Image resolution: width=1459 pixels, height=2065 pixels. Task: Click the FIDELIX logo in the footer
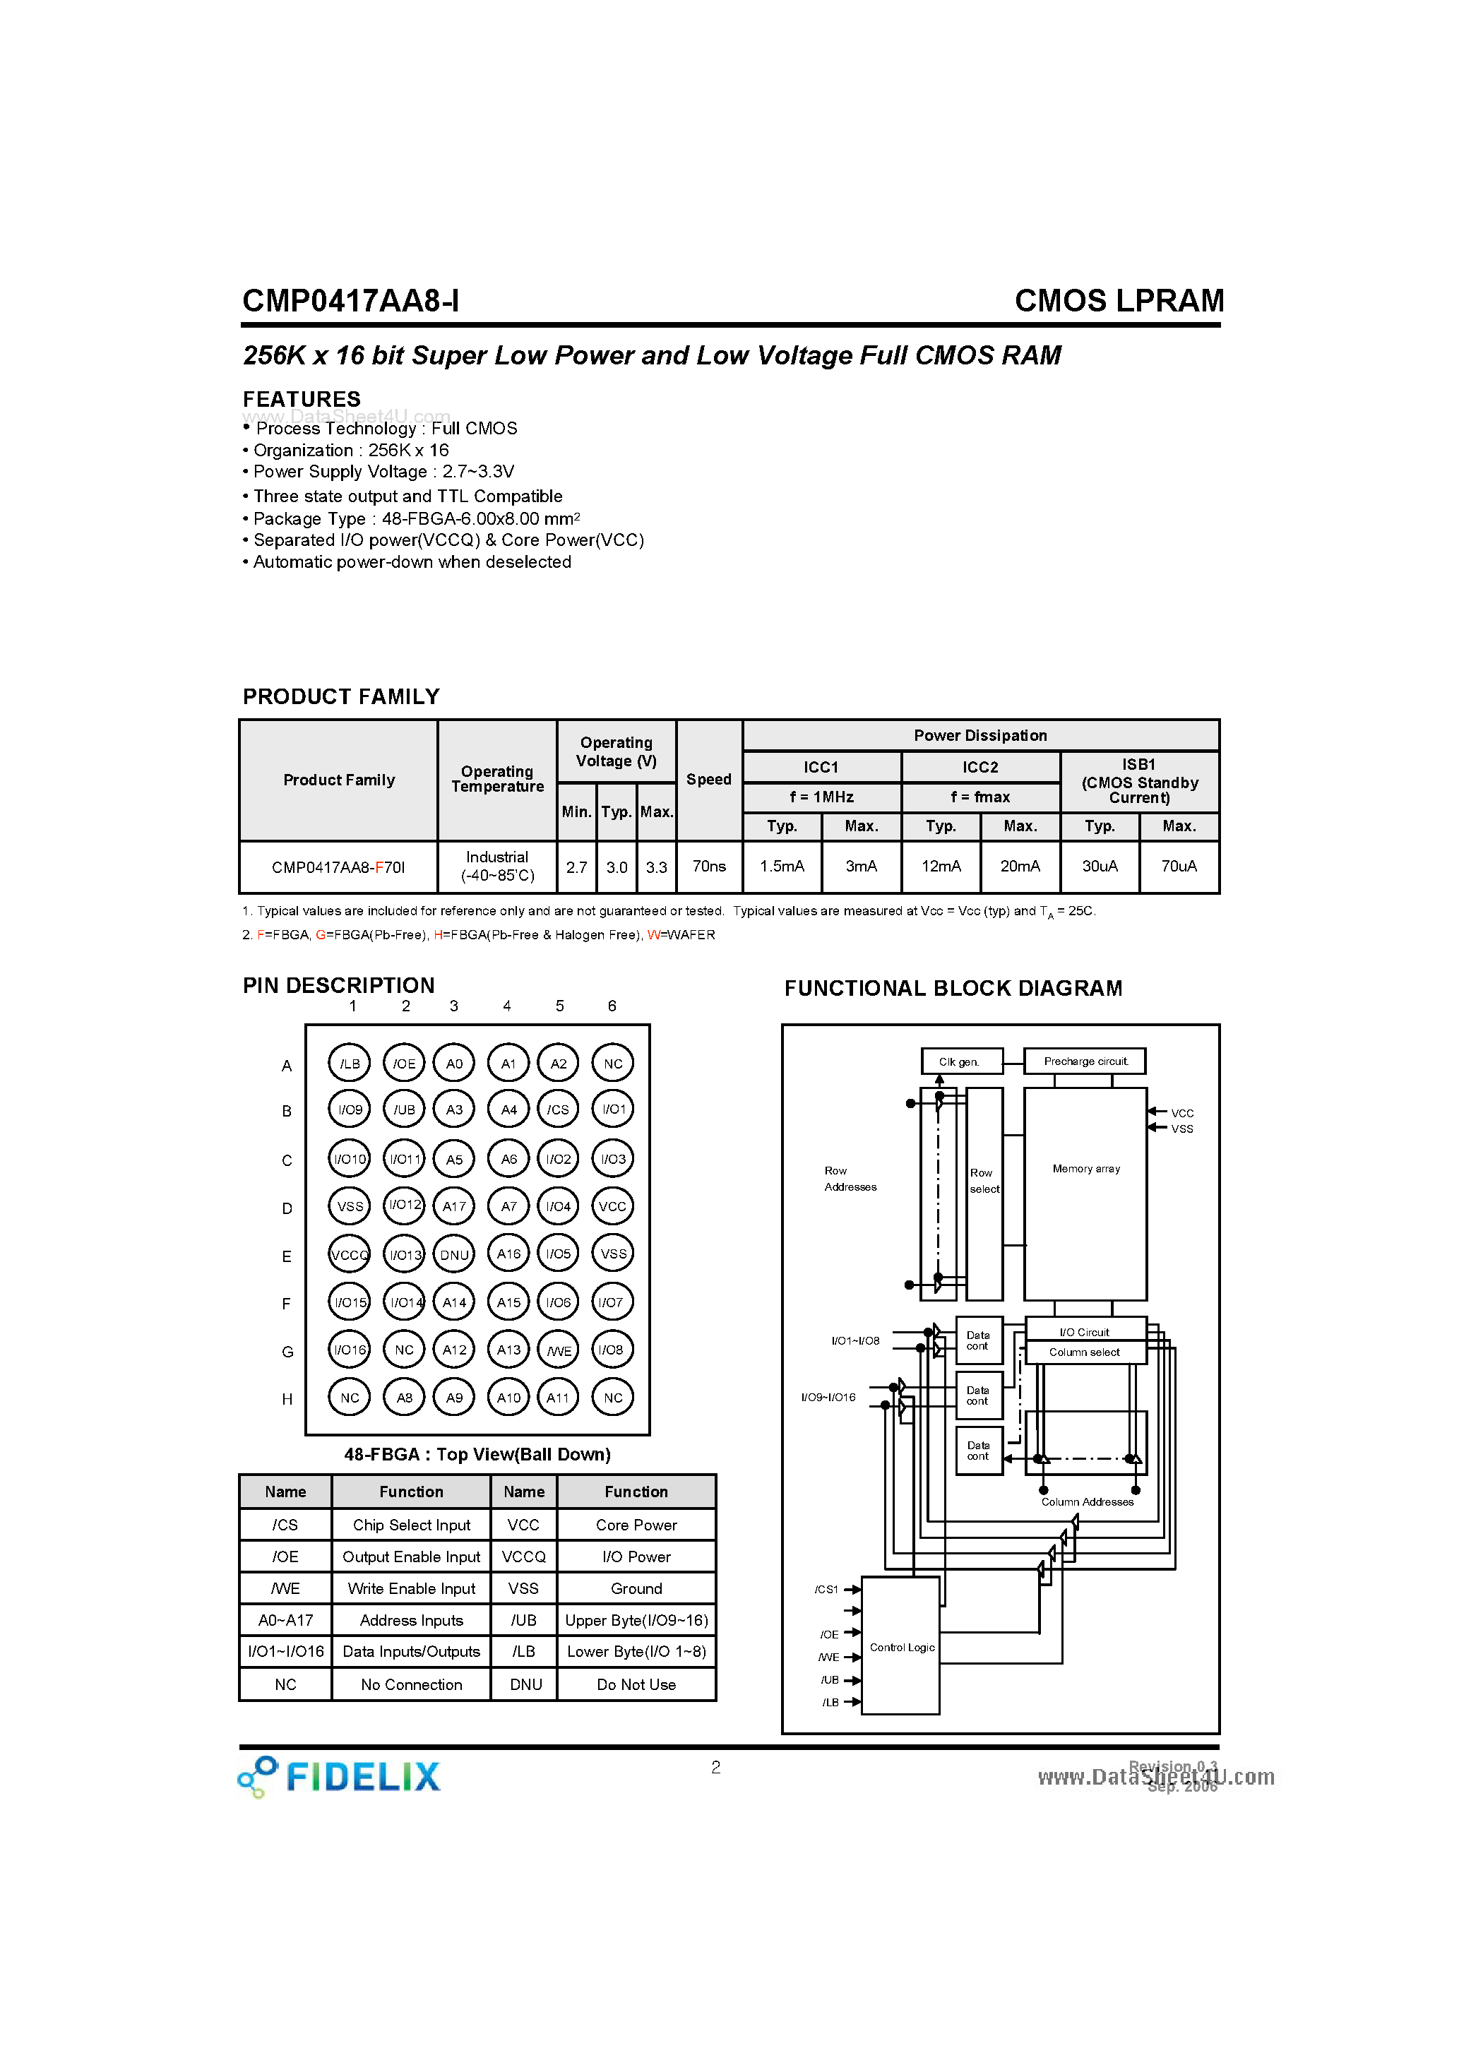[340, 1776]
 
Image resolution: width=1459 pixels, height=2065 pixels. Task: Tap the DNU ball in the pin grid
[454, 1255]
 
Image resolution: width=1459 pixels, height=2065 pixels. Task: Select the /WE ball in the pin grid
[559, 1350]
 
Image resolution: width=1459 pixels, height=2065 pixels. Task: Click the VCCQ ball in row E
[349, 1255]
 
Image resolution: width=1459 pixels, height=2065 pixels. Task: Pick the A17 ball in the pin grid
[454, 1207]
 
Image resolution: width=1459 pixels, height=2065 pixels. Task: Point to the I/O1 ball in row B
[614, 1109]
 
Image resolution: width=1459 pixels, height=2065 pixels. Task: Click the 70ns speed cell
[709, 866]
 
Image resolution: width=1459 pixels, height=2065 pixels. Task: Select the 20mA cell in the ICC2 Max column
[1020, 866]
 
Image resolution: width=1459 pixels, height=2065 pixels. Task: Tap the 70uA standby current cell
[1179, 866]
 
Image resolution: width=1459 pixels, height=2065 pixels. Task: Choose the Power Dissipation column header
[980, 734]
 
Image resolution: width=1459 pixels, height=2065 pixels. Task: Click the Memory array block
[1085, 1194]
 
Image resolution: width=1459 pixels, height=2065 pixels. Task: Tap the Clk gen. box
[960, 1061]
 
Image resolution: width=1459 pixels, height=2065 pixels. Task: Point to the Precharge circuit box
[1085, 1061]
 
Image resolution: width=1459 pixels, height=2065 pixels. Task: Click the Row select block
[984, 1193]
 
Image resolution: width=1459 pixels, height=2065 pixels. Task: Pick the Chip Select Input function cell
[411, 1525]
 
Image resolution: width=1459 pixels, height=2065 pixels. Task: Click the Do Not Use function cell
[636, 1684]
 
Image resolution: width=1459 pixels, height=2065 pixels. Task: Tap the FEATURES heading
[302, 398]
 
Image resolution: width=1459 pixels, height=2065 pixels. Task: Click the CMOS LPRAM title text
[1119, 300]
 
